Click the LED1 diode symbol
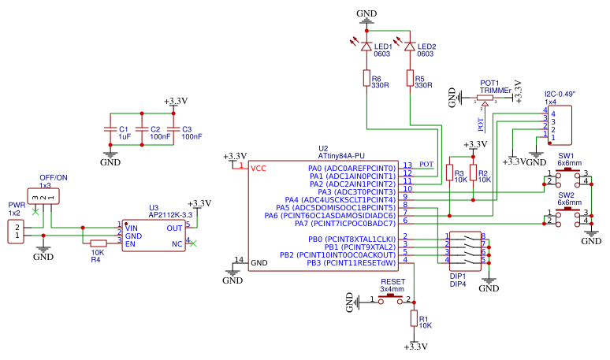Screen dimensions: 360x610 pyautogui.click(x=366, y=46)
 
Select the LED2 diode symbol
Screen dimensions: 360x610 pyautogui.click(x=410, y=46)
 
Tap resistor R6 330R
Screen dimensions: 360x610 pyautogui.click(x=366, y=78)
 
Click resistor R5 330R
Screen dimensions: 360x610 pyautogui.click(x=410, y=78)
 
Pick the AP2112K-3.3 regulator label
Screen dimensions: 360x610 pyautogui.click(x=170, y=214)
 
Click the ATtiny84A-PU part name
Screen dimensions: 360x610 pyautogui.click(x=341, y=155)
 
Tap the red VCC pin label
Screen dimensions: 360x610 pyautogui.click(x=259, y=169)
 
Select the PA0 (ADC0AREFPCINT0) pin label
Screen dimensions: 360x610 pyautogui.click(x=351, y=169)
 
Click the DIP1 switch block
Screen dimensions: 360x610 pyautogui.click(x=466, y=248)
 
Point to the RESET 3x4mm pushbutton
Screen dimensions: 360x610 pyautogui.click(x=392, y=299)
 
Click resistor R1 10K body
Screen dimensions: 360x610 pyautogui.click(x=414, y=318)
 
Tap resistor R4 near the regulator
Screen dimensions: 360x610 pyautogui.click(x=99, y=243)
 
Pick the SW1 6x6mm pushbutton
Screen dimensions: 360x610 pyautogui.click(x=567, y=177)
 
